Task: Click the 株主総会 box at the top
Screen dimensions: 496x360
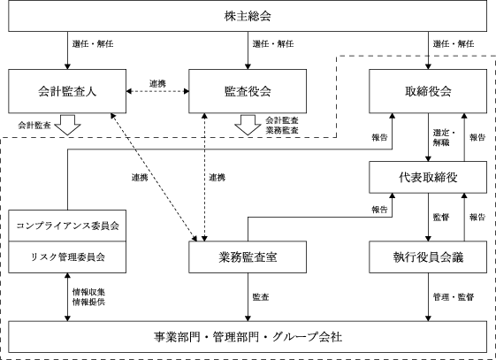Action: [248, 16]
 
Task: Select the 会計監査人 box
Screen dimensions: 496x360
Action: [67, 91]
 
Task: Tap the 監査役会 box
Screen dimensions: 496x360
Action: [248, 91]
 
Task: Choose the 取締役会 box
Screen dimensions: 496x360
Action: [428, 91]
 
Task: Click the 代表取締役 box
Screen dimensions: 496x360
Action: [428, 177]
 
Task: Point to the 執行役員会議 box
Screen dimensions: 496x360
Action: [428, 257]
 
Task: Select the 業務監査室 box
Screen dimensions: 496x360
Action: [248, 257]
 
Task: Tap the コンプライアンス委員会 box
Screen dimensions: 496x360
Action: [67, 226]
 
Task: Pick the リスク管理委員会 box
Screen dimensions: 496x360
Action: [67, 257]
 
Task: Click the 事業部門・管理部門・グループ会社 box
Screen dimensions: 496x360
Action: [248, 337]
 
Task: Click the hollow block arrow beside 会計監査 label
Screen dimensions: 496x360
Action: [67, 125]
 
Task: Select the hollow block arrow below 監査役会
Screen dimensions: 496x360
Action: [248, 125]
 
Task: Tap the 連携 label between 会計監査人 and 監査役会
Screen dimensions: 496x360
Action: [157, 84]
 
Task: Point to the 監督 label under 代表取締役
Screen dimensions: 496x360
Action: [441, 218]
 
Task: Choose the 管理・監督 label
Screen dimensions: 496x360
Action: [454, 297]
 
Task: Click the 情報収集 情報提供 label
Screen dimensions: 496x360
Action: [88, 297]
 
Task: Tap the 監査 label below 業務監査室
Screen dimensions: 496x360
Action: [261, 297]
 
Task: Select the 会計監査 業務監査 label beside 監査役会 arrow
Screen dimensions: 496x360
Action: [282, 126]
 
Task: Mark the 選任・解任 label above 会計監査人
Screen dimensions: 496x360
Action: [93, 43]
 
